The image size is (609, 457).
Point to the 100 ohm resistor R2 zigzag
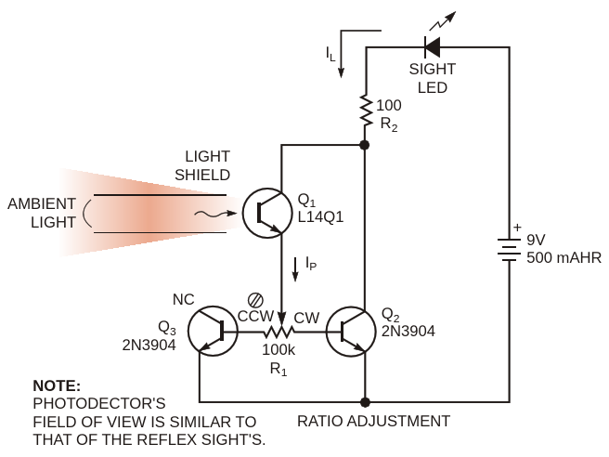[365, 110]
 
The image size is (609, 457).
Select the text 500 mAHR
[564, 256]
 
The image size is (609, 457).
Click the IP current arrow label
[312, 265]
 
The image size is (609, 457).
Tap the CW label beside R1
[306, 318]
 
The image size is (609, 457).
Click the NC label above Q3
[185, 299]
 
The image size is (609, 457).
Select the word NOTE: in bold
[57, 385]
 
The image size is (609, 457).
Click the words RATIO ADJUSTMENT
[373, 421]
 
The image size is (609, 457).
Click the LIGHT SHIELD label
[207, 165]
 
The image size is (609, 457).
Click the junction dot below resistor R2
[364, 146]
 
